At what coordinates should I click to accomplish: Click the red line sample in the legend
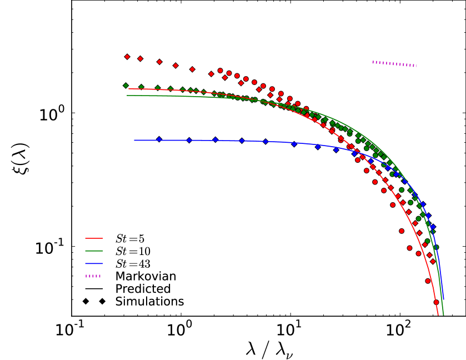point(94,238)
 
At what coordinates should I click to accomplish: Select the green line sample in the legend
point(94,251)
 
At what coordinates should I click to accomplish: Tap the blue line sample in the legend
point(94,263)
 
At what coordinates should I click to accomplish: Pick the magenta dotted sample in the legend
point(93,276)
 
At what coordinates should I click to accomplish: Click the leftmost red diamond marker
point(127,57)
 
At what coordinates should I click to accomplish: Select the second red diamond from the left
point(140,58)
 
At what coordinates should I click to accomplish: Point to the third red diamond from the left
point(159,62)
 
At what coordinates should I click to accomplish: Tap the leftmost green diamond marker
point(126,86)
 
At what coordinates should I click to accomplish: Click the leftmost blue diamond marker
point(159,139)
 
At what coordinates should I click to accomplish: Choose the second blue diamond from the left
point(189,140)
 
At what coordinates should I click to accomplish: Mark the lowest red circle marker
point(436,302)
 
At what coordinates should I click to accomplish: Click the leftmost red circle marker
point(220,71)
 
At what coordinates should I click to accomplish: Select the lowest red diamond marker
point(433,262)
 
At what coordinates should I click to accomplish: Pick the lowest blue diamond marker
point(433,227)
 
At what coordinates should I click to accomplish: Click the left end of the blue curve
point(134,140)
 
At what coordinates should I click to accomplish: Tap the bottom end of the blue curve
point(443,299)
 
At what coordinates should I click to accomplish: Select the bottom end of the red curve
point(438,315)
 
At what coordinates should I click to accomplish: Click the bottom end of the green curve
point(443,315)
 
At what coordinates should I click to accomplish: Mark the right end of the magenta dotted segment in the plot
point(417,66)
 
